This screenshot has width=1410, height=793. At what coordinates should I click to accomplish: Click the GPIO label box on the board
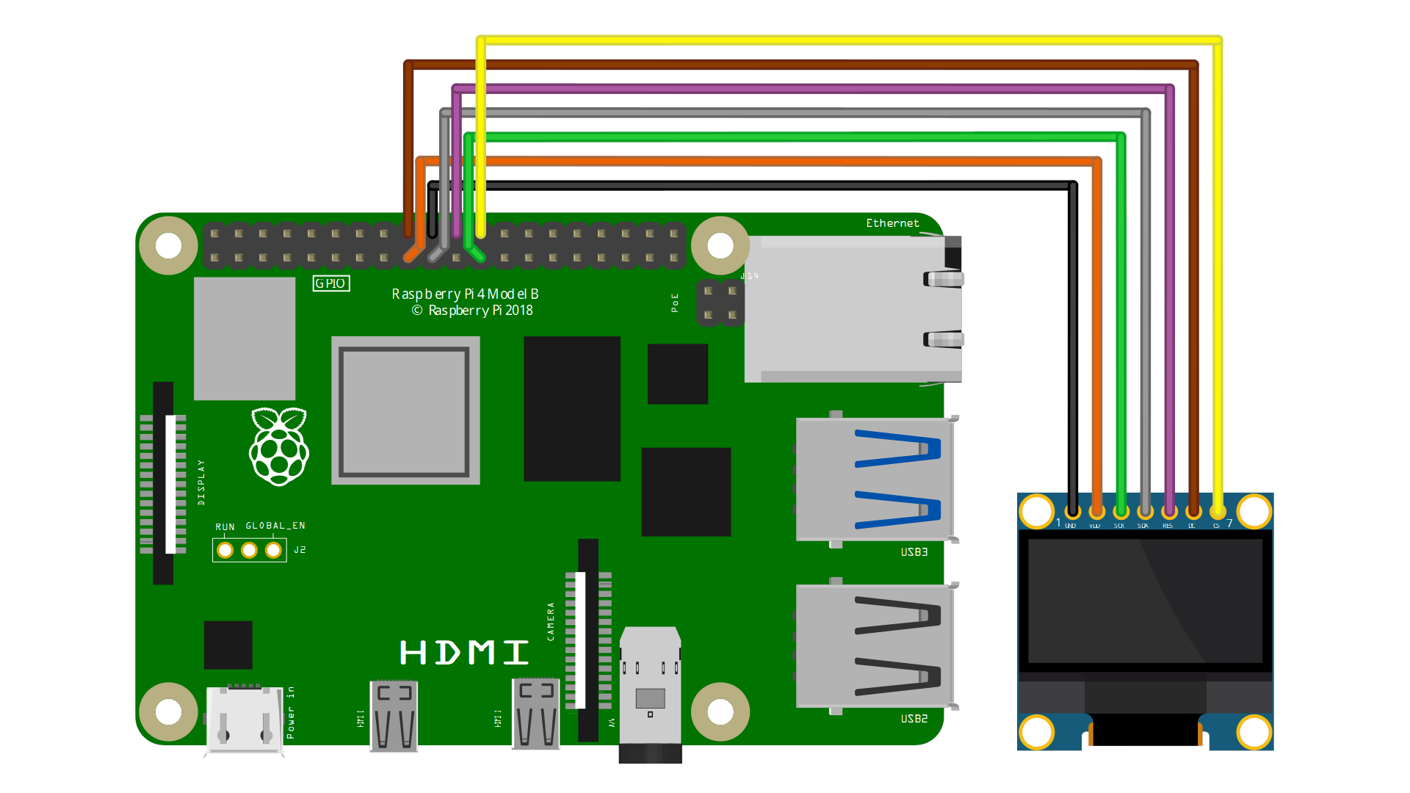point(330,283)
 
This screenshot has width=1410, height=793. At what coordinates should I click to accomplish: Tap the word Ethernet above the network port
point(892,223)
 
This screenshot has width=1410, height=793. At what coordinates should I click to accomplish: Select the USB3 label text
point(914,552)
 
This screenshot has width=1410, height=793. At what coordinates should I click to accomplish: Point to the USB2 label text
point(914,719)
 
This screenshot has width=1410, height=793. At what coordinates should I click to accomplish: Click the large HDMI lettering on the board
point(464,652)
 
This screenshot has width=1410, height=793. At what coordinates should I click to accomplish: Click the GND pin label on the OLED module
point(1071,526)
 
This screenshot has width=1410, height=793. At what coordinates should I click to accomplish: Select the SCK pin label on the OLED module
point(1119,526)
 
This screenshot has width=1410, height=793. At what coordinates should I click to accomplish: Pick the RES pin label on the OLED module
point(1168,526)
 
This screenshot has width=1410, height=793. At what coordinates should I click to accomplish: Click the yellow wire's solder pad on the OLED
point(1218,511)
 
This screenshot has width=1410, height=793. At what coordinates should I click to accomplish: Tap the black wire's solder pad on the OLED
point(1073,511)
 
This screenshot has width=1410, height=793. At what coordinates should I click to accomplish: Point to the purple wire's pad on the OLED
point(1169,511)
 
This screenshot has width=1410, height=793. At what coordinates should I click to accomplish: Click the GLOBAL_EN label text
point(275,526)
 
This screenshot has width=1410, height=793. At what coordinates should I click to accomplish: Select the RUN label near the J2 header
point(225,527)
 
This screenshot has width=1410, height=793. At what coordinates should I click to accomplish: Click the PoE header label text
point(675,303)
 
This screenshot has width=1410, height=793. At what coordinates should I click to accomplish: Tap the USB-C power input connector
point(245,720)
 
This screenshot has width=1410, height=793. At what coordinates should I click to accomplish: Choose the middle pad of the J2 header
point(249,550)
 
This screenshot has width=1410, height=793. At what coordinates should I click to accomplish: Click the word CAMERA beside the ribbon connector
point(551,621)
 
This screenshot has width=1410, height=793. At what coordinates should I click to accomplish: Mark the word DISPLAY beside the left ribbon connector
point(201,482)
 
